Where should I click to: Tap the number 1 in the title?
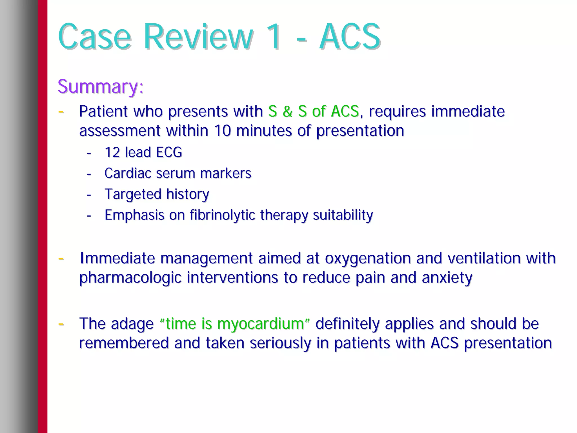point(273,37)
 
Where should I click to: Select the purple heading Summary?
point(101,86)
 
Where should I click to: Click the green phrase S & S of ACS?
point(314,111)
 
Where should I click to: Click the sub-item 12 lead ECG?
point(143,152)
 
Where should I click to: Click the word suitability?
point(343,215)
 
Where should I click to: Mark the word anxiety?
point(447,278)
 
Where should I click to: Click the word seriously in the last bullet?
point(280,343)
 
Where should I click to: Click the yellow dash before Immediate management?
point(61,258)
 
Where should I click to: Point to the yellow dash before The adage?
point(61,324)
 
